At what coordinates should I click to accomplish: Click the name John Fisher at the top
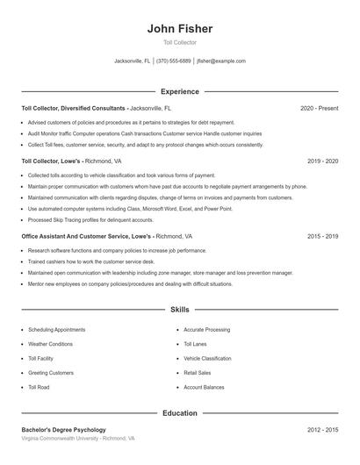tap(180, 28)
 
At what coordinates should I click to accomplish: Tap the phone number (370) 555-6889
tap(174, 61)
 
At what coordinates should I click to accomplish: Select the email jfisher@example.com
tap(221, 61)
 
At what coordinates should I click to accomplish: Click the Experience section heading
tap(180, 91)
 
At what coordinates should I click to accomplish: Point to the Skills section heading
tap(180, 310)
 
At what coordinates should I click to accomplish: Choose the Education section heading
tap(180, 412)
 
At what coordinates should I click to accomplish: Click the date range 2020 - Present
tap(319, 108)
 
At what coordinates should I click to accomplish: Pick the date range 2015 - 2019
tap(323, 237)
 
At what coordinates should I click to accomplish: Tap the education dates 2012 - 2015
tap(323, 430)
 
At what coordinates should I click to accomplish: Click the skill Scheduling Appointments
tap(57, 330)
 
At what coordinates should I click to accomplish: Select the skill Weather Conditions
tap(51, 344)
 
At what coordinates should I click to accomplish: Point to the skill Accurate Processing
tap(207, 330)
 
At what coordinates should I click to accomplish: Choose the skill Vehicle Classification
tap(208, 358)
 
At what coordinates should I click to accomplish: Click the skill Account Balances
tap(204, 387)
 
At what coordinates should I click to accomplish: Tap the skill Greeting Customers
tap(51, 373)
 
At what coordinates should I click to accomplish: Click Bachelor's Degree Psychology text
tap(63, 430)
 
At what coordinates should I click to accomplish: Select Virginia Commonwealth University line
tap(78, 438)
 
